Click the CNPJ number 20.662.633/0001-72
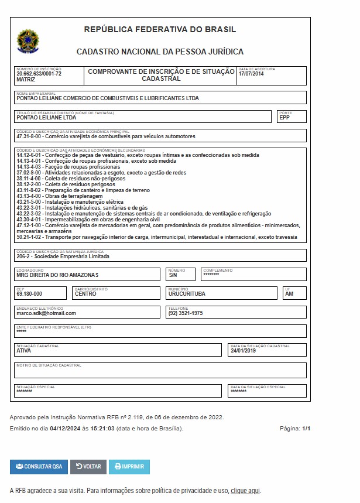tap(39, 74)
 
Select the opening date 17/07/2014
tap(251, 74)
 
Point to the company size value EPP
tap(284, 118)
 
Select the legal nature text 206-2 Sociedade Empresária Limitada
tap(63, 256)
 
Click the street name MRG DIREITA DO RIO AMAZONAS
tap(57, 275)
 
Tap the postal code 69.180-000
tap(29, 294)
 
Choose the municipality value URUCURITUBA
tap(187, 294)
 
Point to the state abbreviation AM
tap(289, 294)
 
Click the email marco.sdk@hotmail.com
tap(46, 313)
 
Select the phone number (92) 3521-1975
tap(186, 313)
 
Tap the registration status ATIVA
tap(24, 351)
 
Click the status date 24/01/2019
tap(244, 351)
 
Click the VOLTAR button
tap(88, 467)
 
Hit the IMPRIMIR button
tap(129, 467)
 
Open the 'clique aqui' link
tap(245, 491)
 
